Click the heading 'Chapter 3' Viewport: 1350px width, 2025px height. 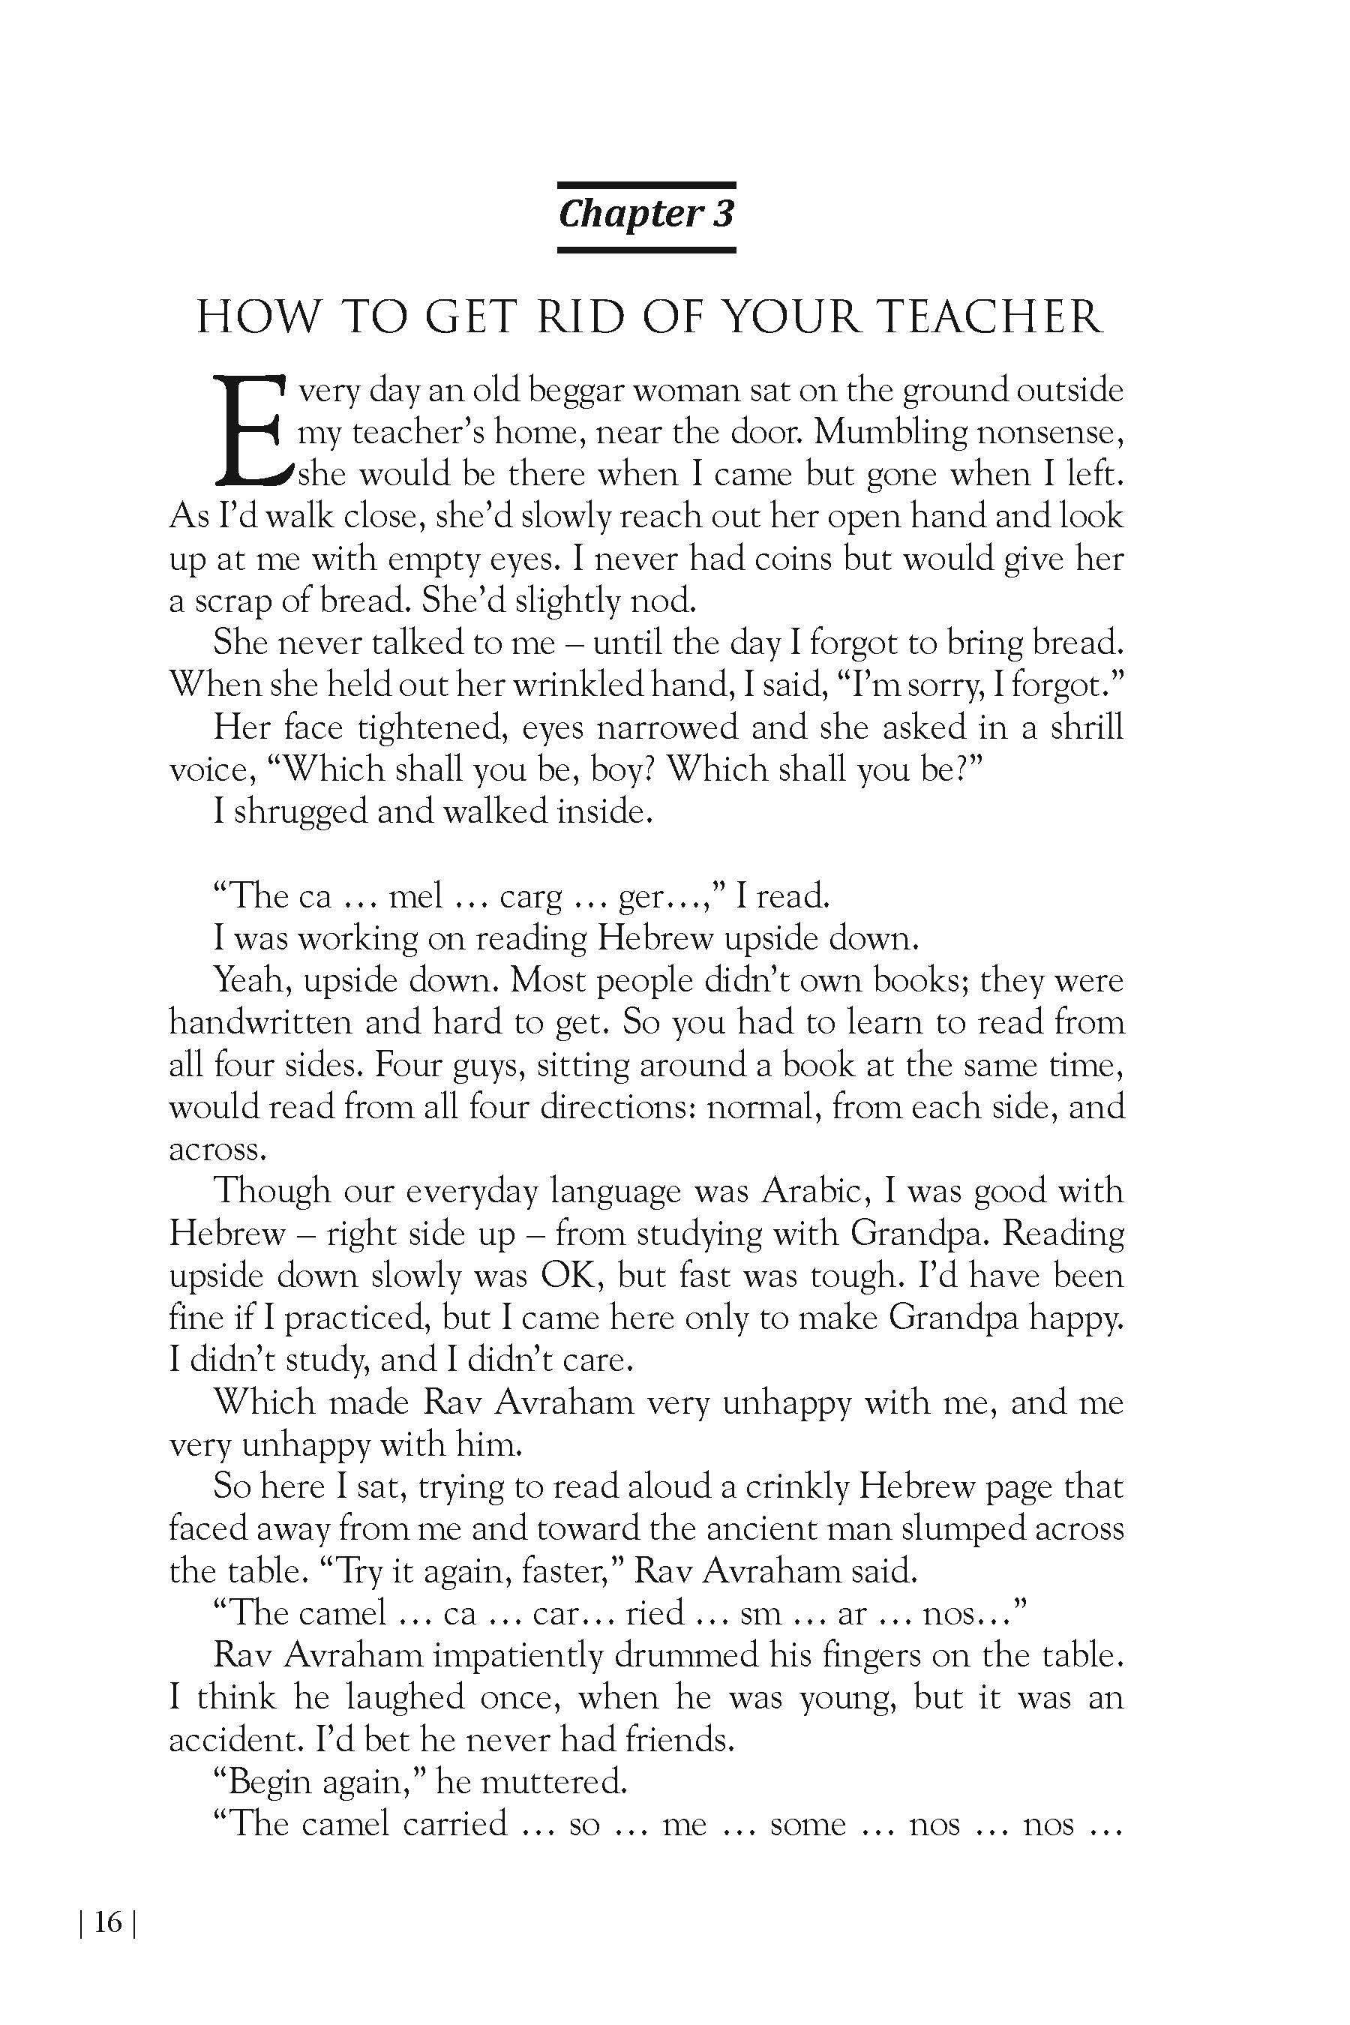pyautogui.click(x=646, y=214)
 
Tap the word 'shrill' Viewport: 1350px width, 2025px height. pyautogui.click(x=1087, y=727)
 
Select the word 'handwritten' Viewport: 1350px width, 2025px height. pyautogui.click(x=260, y=1022)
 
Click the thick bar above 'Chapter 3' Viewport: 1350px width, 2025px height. pyautogui.click(x=646, y=185)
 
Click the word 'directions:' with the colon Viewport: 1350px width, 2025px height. pyautogui.click(x=617, y=1106)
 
